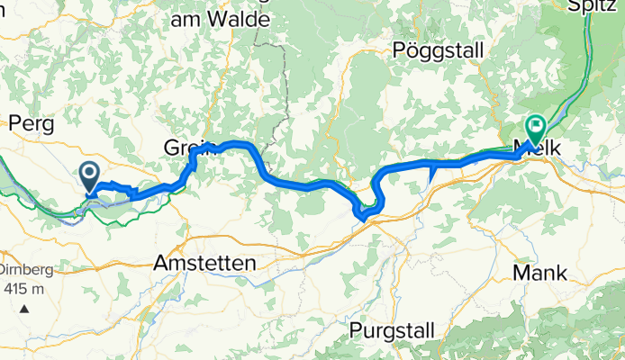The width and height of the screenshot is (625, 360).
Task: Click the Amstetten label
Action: pyautogui.click(x=204, y=264)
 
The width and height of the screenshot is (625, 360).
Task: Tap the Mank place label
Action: pyautogui.click(x=538, y=271)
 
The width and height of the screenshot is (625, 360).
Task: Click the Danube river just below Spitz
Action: pyautogui.click(x=590, y=40)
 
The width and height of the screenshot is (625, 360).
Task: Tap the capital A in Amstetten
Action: pyautogui.click(x=161, y=264)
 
